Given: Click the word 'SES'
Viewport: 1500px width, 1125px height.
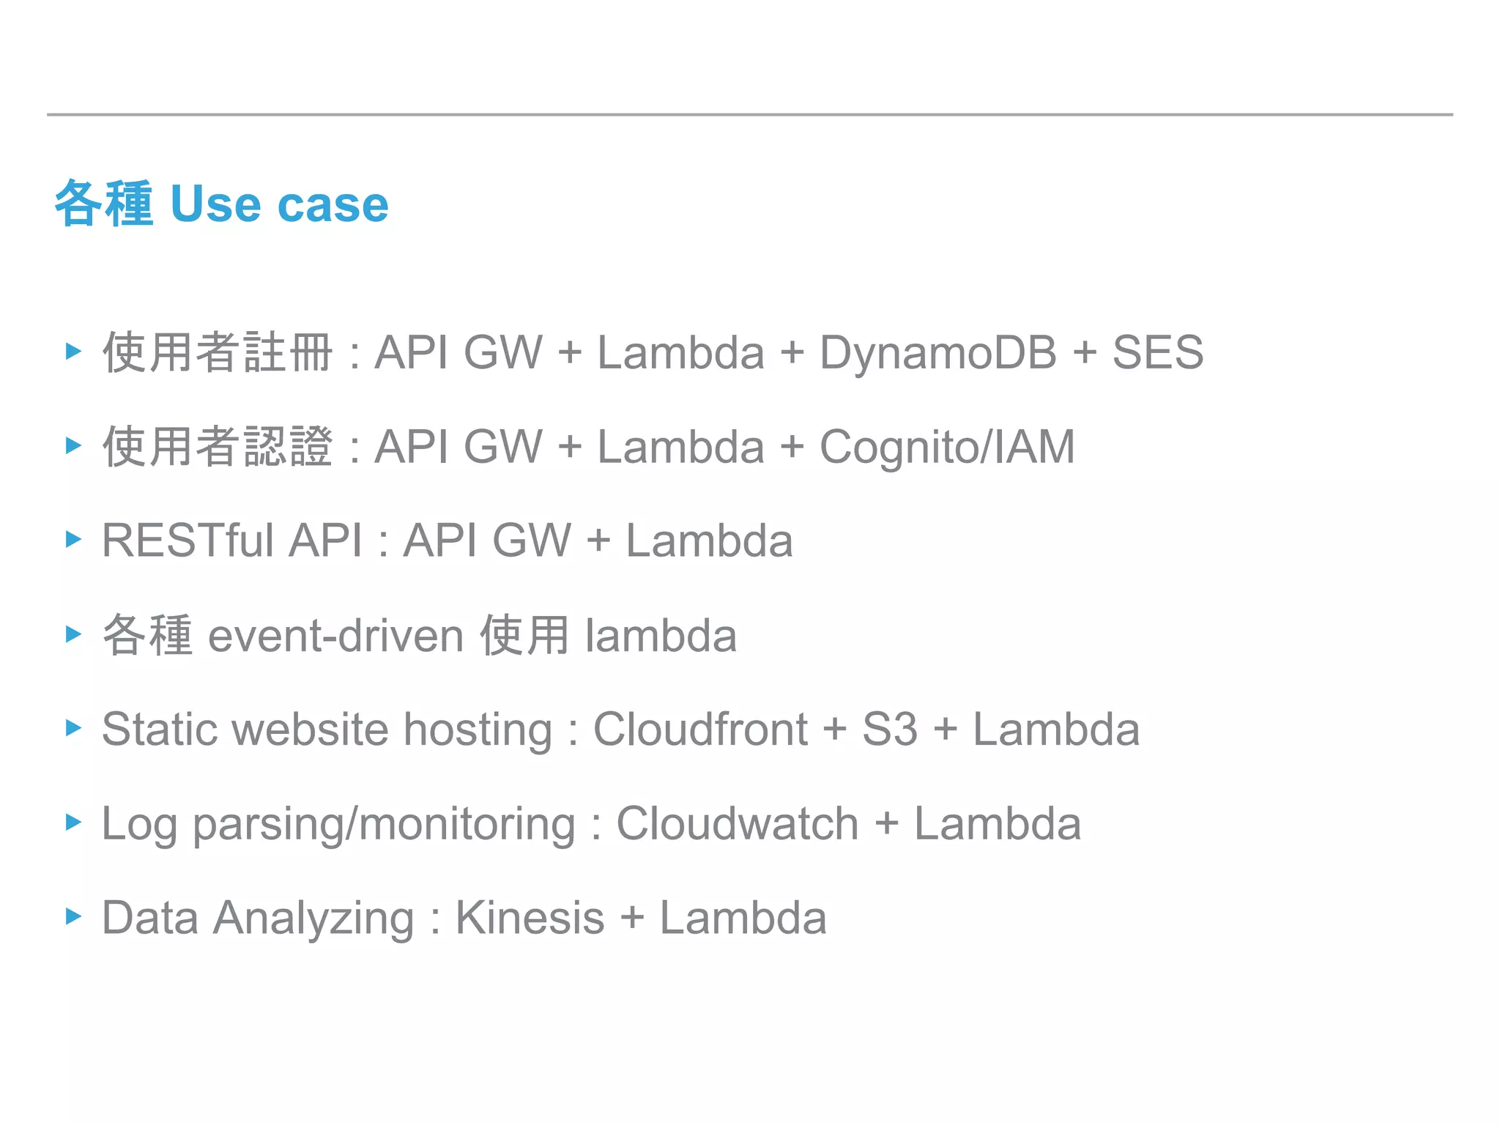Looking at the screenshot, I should pos(1157,352).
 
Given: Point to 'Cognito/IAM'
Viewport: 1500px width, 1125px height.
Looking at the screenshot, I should pos(946,447).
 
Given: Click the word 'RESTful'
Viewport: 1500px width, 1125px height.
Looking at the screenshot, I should pos(187,541).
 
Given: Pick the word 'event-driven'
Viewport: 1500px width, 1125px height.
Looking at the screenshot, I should pos(335,635).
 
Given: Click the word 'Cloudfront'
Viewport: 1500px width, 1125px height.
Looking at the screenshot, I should pos(700,729).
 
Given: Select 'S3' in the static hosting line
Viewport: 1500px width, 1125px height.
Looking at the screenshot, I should pos(889,729).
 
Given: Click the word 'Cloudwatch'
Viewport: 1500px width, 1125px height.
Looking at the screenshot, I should pos(737,823).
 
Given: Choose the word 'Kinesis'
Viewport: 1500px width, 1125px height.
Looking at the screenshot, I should pos(530,918).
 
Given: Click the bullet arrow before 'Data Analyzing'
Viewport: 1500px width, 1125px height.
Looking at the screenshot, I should pos(73,916).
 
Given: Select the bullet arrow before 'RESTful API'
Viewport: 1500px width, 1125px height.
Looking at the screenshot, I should pos(73,540).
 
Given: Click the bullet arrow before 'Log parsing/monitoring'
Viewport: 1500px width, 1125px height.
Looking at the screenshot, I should pos(73,822).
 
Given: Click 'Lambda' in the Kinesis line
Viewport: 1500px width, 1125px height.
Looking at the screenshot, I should pos(743,918).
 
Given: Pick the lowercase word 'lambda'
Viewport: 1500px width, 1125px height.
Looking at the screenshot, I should pos(661,635).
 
